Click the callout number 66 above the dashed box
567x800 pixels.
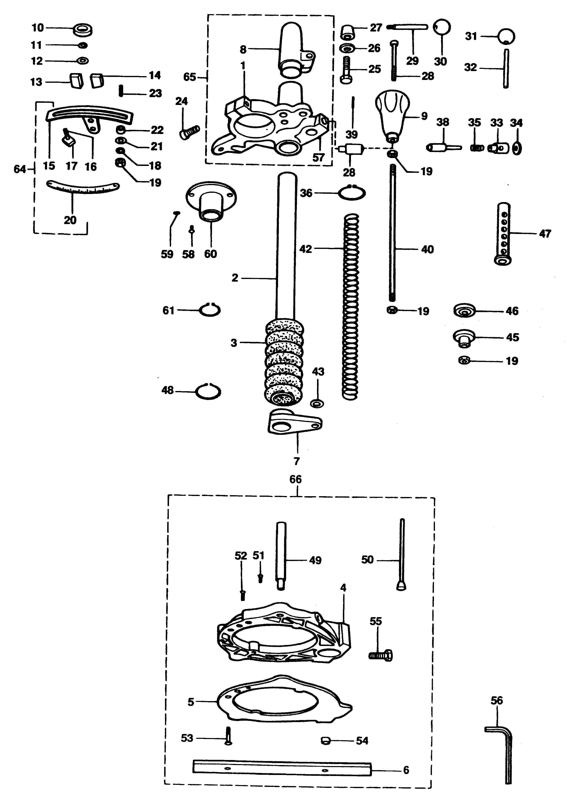point(295,479)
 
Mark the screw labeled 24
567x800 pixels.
point(189,132)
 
